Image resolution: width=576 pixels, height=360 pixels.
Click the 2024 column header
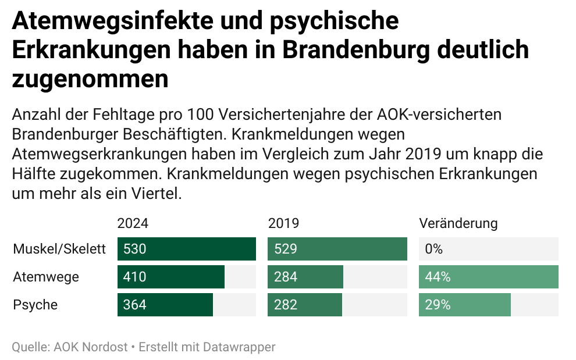tap(133, 223)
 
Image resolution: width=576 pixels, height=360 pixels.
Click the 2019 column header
tap(283, 223)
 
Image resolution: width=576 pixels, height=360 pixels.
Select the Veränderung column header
tap(458, 223)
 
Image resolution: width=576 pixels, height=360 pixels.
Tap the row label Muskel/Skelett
tap(59, 249)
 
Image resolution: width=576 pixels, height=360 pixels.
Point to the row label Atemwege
tap(46, 277)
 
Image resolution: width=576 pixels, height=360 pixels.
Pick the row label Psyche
tap(35, 305)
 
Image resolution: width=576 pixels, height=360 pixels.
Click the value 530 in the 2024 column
tap(134, 249)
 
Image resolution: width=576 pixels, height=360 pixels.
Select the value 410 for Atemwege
tap(134, 277)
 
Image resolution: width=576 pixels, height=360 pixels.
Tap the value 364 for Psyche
tap(134, 305)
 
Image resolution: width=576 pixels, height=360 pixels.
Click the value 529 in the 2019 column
tap(285, 249)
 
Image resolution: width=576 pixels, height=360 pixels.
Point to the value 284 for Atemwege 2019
tap(285, 277)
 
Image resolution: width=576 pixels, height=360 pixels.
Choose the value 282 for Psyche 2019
tap(285, 305)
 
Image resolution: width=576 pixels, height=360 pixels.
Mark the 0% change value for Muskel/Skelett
tap(434, 249)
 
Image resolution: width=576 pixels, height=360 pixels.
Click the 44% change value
tap(438, 277)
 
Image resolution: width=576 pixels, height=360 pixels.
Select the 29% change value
tap(438, 305)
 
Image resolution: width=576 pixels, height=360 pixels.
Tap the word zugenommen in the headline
tap(90, 79)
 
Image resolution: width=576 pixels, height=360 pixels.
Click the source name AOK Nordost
tap(90, 347)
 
